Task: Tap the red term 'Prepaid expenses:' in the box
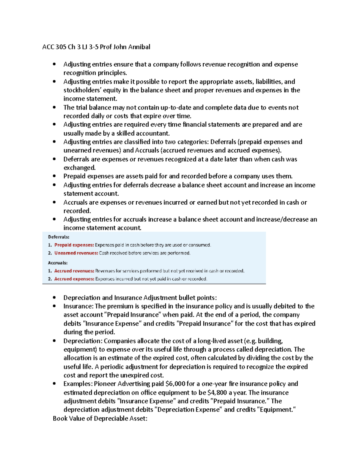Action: point(74,245)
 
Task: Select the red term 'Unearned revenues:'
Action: point(76,253)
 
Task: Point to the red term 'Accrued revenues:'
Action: point(74,271)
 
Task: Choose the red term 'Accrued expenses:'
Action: point(74,279)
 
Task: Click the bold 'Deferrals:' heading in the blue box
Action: point(58,237)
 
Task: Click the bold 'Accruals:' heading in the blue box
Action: point(58,263)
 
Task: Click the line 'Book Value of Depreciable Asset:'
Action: point(100,419)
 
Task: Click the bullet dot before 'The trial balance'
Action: point(54,107)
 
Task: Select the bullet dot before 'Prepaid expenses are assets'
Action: point(54,176)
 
